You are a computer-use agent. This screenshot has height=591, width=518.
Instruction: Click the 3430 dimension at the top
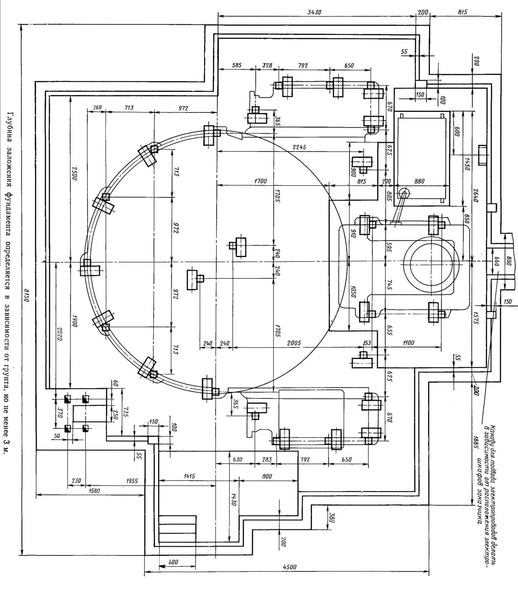(x=314, y=12)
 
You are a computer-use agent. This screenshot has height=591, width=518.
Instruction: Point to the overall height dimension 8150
(x=26, y=295)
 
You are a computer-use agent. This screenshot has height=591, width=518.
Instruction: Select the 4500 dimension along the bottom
(x=289, y=567)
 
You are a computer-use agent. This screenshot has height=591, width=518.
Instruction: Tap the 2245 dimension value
(x=299, y=147)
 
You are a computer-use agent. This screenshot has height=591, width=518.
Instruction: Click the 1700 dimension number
(x=260, y=181)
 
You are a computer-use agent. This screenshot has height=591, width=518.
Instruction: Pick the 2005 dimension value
(x=294, y=343)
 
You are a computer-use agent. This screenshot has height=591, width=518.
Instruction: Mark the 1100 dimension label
(x=408, y=343)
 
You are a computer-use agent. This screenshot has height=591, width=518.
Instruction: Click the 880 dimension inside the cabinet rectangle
(x=419, y=181)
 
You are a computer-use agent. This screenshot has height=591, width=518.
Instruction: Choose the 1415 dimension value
(x=189, y=476)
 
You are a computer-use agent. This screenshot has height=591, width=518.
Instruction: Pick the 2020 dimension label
(x=59, y=334)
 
